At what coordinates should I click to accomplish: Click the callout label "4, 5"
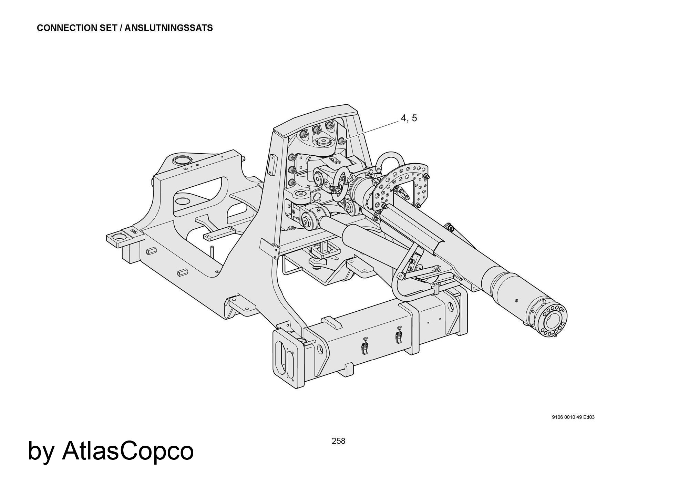click(409, 118)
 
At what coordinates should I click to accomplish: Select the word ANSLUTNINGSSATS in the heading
click(168, 28)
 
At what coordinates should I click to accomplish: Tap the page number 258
click(338, 441)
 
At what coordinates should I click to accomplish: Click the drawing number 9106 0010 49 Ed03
click(573, 417)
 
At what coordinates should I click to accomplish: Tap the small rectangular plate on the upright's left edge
click(272, 165)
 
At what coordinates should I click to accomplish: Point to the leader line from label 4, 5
click(372, 129)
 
